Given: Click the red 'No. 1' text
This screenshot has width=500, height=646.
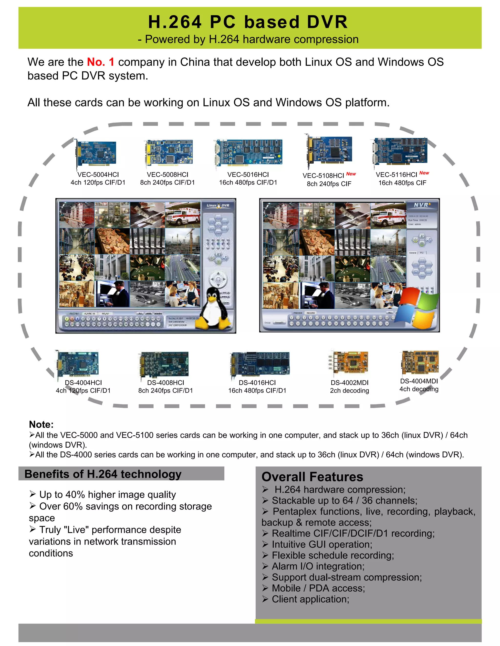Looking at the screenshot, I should [x=100, y=62].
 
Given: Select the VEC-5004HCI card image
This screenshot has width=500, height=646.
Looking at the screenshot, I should [x=95, y=154].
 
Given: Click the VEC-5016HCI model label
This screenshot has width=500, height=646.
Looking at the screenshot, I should [x=248, y=175].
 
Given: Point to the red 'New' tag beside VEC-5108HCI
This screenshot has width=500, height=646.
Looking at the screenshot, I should [x=351, y=174].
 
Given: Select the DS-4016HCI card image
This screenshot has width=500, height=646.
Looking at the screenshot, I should [x=260, y=363].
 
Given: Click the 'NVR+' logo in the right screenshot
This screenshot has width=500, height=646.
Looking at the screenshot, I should [x=422, y=205].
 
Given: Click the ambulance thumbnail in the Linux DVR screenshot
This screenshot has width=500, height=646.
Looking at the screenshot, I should [x=182, y=215].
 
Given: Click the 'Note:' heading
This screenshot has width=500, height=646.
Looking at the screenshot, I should [x=41, y=424].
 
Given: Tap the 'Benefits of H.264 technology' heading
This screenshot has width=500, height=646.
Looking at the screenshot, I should [x=103, y=474].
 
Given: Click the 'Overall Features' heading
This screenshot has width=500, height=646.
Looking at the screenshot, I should [x=312, y=477].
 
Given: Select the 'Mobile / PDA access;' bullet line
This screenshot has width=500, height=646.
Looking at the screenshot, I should [x=318, y=588].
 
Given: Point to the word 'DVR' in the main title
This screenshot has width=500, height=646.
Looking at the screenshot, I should [x=327, y=22].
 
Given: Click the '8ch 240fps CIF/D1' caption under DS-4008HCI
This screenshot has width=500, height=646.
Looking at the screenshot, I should [x=165, y=391].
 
